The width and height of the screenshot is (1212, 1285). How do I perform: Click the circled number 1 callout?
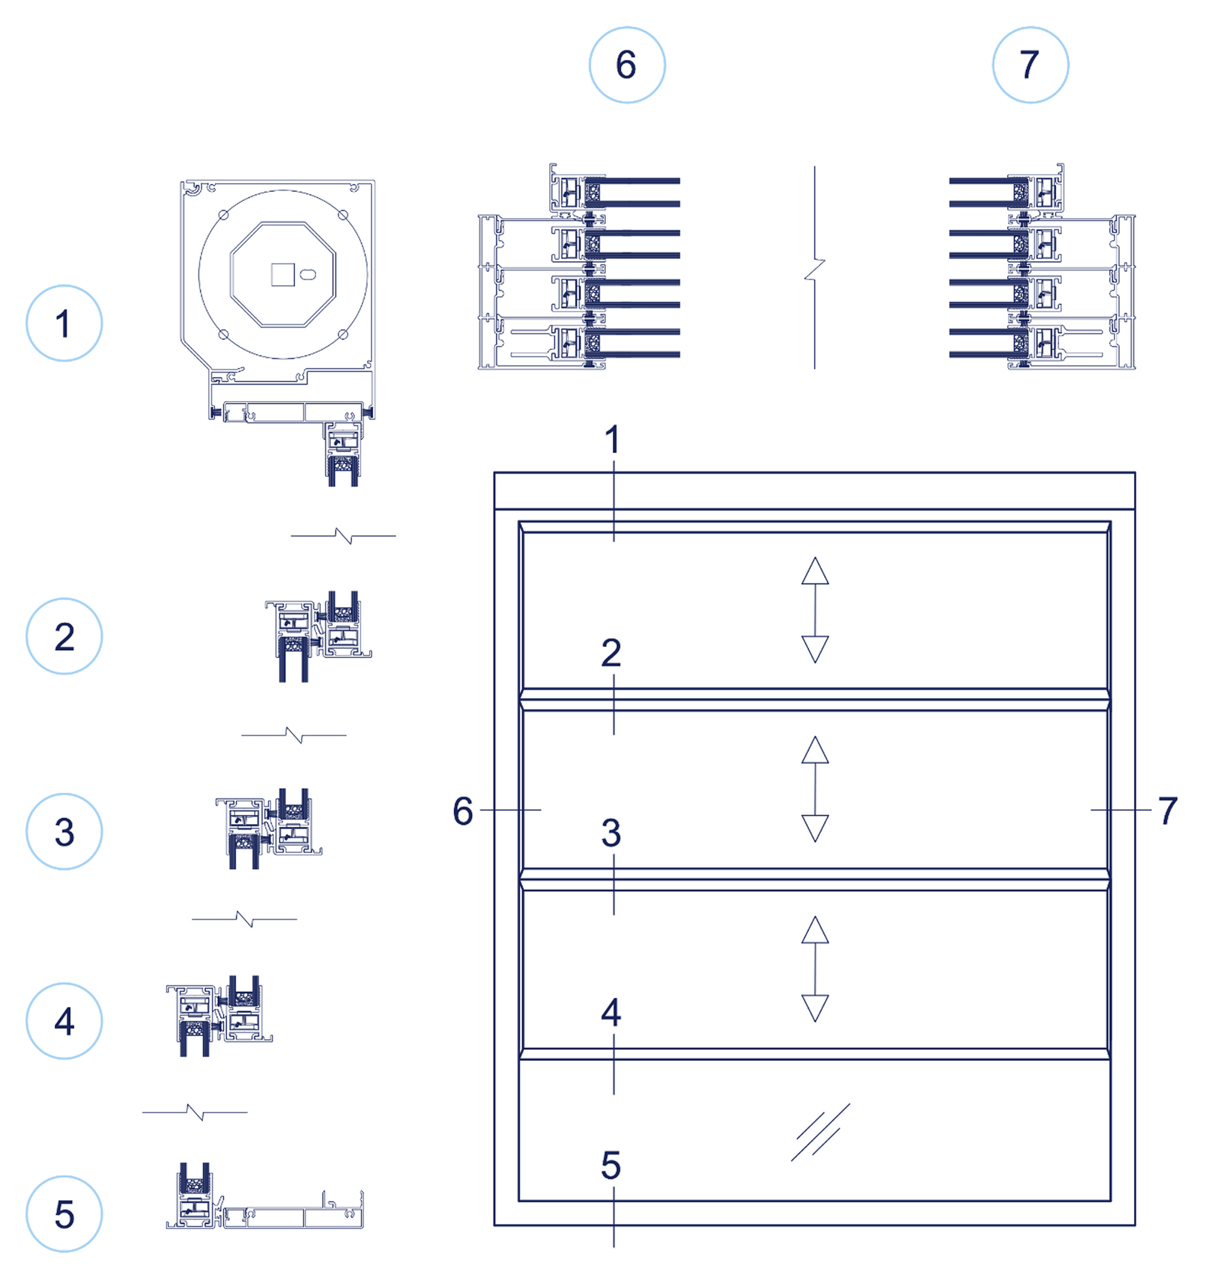coord(64,323)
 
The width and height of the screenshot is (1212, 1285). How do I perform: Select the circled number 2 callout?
coord(64,636)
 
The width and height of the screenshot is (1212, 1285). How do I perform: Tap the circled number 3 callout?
coord(64,831)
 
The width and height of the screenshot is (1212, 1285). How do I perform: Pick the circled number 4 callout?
coord(64,1021)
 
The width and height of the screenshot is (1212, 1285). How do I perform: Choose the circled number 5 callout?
coord(64,1214)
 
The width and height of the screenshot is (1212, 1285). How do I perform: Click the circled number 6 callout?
coord(627,65)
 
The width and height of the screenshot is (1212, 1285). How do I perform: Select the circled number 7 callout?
coord(1030,65)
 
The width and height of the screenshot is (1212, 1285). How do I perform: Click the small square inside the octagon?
coord(282,274)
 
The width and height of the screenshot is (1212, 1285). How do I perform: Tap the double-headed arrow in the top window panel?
coord(814,610)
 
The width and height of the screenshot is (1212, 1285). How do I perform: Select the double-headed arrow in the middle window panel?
coord(814,789)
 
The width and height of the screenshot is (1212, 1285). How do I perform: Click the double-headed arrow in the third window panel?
coord(814,969)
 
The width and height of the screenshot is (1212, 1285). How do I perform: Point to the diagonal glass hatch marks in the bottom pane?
coord(820,1132)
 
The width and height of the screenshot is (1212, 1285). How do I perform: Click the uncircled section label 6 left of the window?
coord(463,811)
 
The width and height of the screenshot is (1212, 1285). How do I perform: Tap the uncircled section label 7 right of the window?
coord(1167,811)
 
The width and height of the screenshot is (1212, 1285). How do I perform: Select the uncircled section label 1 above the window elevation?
coord(612,440)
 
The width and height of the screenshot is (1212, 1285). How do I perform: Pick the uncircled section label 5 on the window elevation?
coord(611,1166)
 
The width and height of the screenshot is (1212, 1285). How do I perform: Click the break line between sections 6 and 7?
coord(814,268)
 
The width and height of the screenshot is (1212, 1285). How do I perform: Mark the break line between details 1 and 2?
coord(343,536)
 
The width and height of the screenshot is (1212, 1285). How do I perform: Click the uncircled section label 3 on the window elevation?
coord(611,833)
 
